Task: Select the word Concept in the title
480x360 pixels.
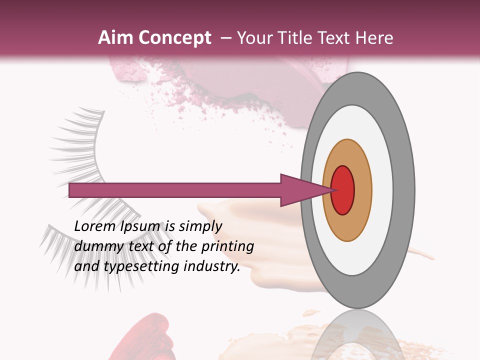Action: (x=174, y=38)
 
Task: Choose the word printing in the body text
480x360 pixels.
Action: (x=227, y=247)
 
